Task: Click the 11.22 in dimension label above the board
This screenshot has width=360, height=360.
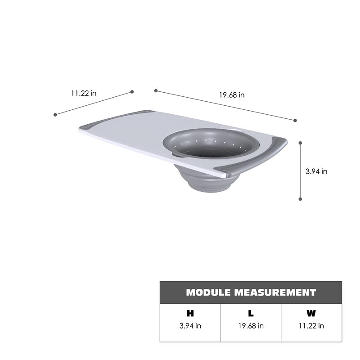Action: click(83, 94)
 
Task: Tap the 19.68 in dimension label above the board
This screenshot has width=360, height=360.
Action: click(232, 95)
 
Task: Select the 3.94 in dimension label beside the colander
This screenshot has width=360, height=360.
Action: click(316, 171)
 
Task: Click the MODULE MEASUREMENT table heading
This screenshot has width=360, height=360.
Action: click(251, 292)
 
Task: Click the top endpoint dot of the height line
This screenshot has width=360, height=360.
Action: click(300, 143)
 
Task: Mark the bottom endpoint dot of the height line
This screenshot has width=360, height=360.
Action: click(300, 198)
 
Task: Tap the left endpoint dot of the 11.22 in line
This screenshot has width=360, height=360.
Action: click(55, 115)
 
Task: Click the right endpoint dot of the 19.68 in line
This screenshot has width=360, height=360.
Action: click(295, 121)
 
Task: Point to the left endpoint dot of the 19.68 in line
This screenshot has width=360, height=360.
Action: click(156, 90)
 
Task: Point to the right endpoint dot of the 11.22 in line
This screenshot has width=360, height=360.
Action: click(132, 92)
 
